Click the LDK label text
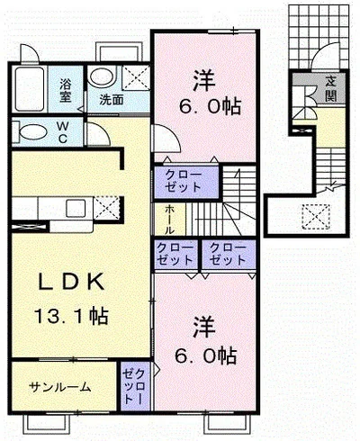click(71, 282)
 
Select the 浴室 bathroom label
click(65, 90)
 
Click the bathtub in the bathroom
click(29, 89)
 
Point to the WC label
click(62, 132)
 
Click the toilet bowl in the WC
click(33, 132)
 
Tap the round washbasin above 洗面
click(102, 78)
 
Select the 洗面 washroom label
click(112, 100)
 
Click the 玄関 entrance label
click(330, 88)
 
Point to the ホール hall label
click(169, 220)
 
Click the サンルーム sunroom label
click(60, 387)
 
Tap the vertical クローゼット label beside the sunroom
click(135, 386)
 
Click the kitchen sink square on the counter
click(76, 208)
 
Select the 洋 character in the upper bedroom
click(204, 80)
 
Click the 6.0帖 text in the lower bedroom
click(206, 355)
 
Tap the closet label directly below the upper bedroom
click(184, 181)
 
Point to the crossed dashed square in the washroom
click(137, 77)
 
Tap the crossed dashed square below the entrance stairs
click(316, 217)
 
